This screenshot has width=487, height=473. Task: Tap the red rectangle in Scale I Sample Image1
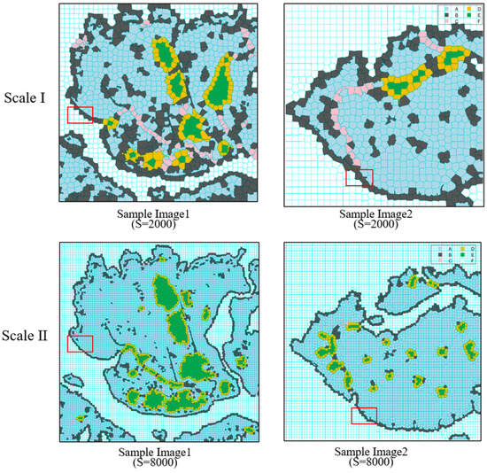(x=80, y=114)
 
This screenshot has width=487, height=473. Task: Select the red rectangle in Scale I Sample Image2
(x=359, y=177)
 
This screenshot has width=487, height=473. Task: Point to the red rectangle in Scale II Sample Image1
(x=80, y=345)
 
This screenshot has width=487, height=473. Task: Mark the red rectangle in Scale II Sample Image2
(x=364, y=415)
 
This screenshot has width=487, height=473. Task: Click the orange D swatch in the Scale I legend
(x=469, y=9)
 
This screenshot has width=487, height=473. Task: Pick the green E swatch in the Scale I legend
(x=469, y=15)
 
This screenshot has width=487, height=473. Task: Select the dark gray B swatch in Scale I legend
(x=446, y=15)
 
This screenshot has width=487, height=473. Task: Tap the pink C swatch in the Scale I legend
(x=446, y=21)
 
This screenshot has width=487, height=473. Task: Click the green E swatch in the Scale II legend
(x=462, y=254)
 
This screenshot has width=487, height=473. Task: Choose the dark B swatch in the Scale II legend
(x=440, y=254)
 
